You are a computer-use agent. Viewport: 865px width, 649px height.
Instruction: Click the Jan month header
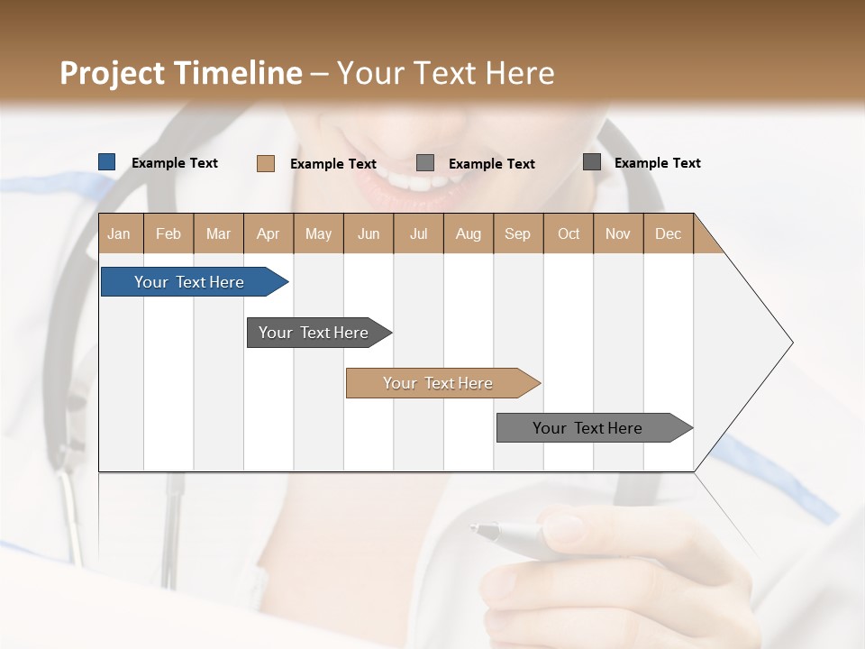pos(119,233)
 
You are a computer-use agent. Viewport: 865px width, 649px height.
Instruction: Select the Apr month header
pos(268,233)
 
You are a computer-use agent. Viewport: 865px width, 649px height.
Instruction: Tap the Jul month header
pos(418,233)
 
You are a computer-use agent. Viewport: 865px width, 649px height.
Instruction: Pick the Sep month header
pos(517,233)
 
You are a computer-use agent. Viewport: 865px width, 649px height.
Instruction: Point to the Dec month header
pos(668,233)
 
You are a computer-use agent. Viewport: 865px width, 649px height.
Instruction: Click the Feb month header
pos(168,233)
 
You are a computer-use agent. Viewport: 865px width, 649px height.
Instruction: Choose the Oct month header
pos(569,233)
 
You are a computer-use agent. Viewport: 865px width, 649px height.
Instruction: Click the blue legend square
pos(106,162)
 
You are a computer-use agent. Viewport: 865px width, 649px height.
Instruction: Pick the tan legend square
pos(265,163)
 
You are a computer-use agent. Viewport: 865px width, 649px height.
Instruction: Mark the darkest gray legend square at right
pos(591,162)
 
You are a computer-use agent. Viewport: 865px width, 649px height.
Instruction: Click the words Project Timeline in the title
pos(180,73)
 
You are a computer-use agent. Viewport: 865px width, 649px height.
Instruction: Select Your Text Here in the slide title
pos(446,73)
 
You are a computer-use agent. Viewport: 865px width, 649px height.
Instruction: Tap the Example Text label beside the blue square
pos(175,163)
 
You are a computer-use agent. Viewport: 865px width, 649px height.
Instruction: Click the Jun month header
pos(369,233)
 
